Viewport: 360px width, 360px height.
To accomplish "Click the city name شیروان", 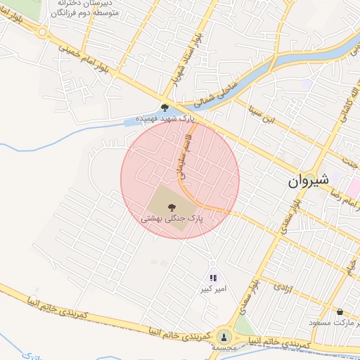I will (308, 181).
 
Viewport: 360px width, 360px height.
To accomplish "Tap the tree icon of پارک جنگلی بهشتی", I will (171, 207).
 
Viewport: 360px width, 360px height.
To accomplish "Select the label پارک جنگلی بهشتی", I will (172, 219).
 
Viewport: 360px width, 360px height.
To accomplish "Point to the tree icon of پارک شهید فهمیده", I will (165, 108).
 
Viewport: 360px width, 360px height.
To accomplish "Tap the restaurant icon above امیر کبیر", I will (213, 278).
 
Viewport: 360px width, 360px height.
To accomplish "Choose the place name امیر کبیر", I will (213, 290).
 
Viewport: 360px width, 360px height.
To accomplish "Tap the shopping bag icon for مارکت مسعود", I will (340, 311).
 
